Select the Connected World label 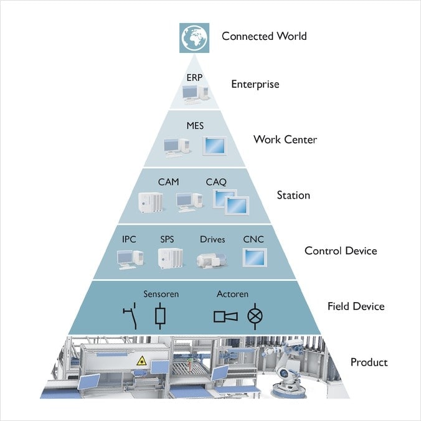pos(264,36)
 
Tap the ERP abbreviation pos(194,77)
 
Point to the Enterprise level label pos(255,84)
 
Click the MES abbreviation pos(195,126)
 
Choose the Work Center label pos(285,139)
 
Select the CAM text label pos(168,182)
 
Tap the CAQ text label pos(216,182)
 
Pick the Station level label pos(293,196)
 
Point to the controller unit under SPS pos(169,258)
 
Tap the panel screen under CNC pos(255,257)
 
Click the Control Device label pos(340,251)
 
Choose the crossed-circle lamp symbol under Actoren pos(255,316)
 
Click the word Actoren pos(232,294)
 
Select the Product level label pos(369,362)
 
